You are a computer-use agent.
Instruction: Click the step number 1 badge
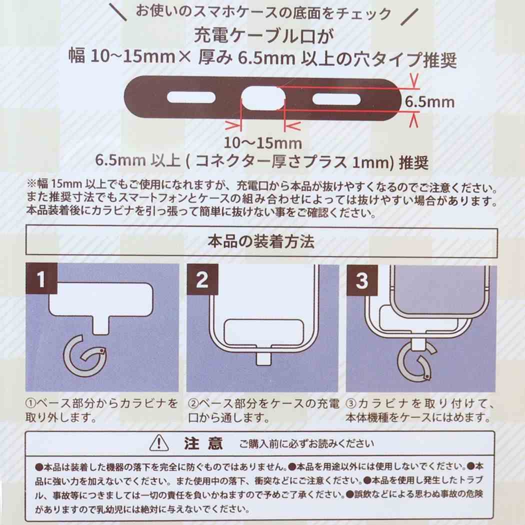coord(40,279)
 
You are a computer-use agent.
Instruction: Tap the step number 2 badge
coord(202,279)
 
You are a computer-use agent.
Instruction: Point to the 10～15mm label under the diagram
coord(263,143)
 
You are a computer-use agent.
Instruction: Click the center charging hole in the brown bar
coord(262,98)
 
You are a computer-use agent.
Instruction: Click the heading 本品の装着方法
coord(260,242)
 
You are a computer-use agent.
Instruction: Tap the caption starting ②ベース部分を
coord(263,409)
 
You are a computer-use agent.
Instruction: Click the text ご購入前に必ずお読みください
coord(306,443)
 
